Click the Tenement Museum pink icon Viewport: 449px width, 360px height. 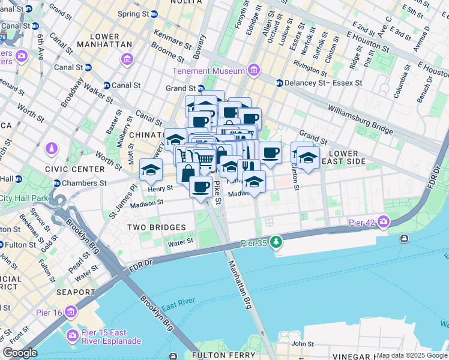click(253, 71)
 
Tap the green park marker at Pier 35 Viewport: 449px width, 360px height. click(276, 242)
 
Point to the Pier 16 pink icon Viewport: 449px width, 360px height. click(71, 312)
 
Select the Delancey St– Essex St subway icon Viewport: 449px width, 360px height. click(279, 83)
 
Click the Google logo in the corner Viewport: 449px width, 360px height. click(20, 353)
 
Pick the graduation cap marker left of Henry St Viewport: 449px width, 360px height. click(151, 169)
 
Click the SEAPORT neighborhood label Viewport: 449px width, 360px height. click(74, 292)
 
